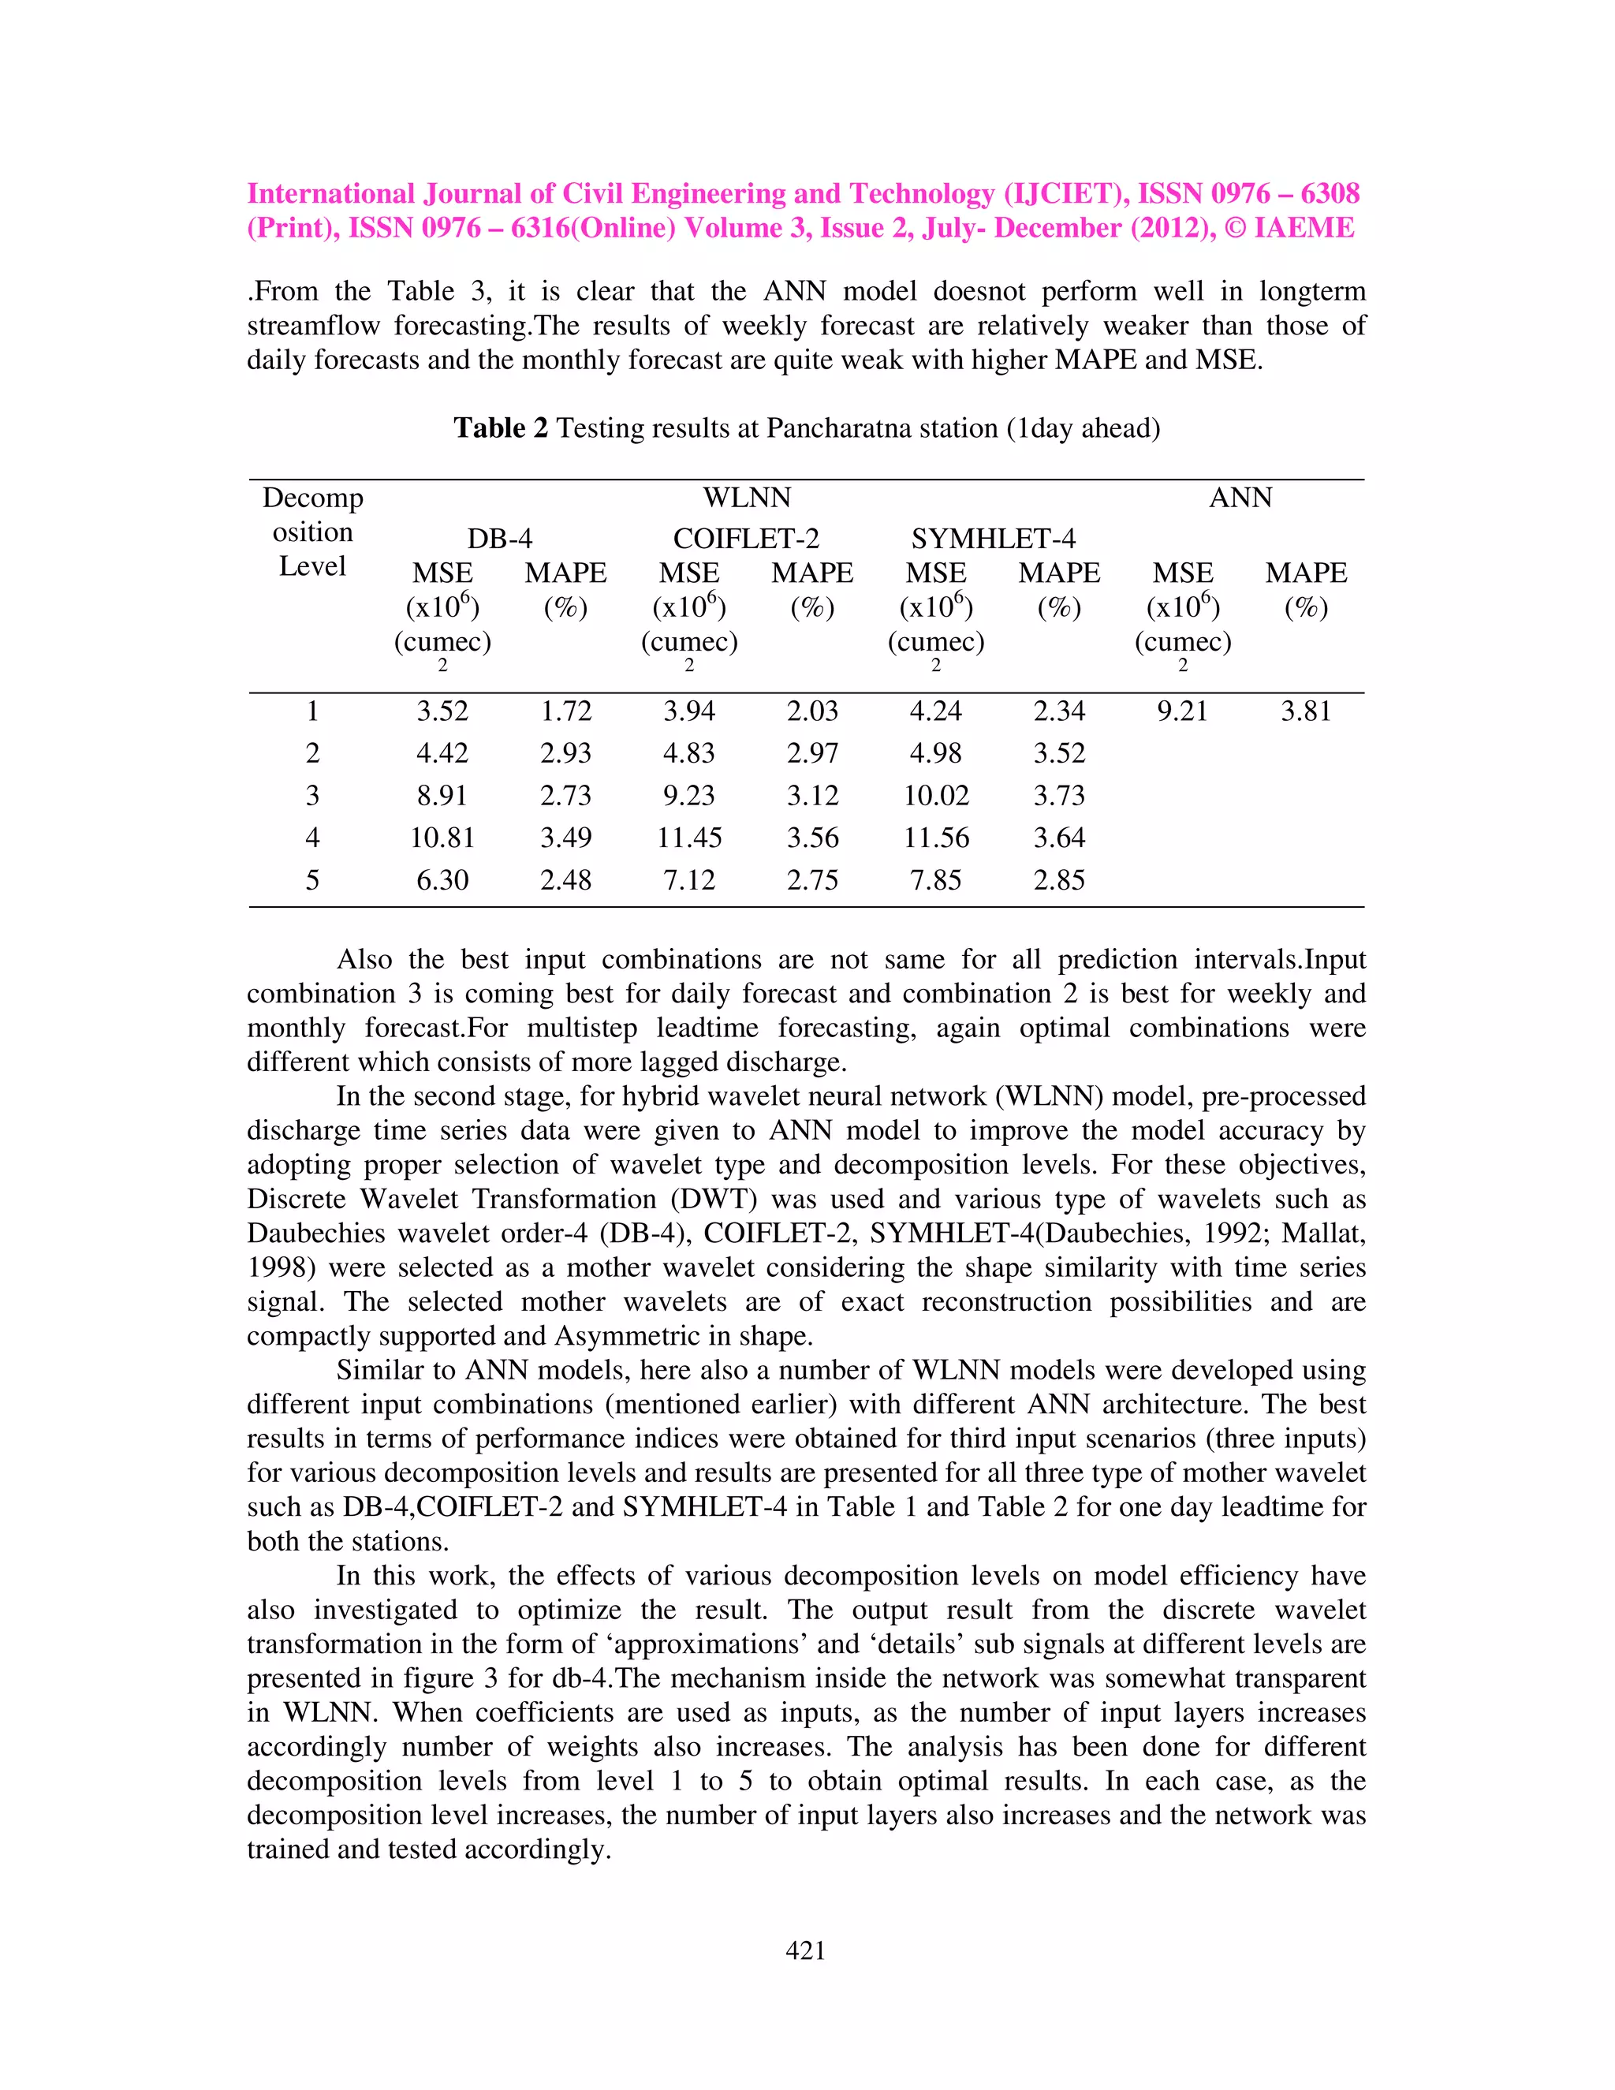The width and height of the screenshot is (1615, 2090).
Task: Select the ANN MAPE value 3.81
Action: point(1305,711)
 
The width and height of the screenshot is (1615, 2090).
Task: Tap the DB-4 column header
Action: point(499,539)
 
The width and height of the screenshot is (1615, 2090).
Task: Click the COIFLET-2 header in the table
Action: point(746,539)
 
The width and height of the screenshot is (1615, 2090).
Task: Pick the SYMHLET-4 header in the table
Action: point(993,539)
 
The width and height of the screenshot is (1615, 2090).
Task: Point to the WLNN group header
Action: point(746,498)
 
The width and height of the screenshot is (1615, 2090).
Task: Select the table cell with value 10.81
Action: point(442,838)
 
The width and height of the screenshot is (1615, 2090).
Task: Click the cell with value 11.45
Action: point(689,838)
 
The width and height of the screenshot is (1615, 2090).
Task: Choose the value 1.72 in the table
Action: point(565,711)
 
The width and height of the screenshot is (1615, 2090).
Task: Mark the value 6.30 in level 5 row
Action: point(442,880)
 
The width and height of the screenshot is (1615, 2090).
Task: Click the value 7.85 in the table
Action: point(936,880)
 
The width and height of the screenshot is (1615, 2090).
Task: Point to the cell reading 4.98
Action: point(936,753)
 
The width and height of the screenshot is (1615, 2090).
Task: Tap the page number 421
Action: point(806,1950)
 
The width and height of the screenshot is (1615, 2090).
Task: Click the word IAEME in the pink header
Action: point(1304,228)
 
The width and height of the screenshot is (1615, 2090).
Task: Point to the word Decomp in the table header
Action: point(313,498)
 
